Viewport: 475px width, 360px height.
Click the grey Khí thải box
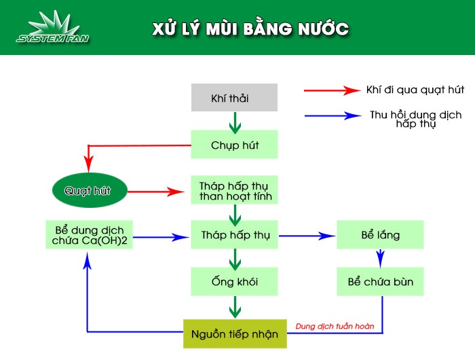click(234, 97)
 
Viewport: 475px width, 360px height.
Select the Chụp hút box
click(234, 145)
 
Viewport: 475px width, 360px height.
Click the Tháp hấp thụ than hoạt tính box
click(234, 192)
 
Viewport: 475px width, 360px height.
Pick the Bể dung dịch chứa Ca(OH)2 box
click(89, 235)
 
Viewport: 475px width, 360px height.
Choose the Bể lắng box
click(380, 235)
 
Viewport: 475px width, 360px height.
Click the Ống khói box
click(234, 281)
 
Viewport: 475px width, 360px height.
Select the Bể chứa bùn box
click(380, 281)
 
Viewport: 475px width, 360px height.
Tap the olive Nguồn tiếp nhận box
click(235, 334)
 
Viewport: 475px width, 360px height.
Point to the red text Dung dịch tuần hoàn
click(335, 327)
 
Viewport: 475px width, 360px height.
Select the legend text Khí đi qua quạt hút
click(415, 90)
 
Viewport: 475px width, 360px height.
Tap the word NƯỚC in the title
click(323, 29)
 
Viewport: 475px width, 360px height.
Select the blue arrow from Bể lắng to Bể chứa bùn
click(381, 258)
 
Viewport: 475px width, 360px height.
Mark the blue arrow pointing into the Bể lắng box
click(309, 236)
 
